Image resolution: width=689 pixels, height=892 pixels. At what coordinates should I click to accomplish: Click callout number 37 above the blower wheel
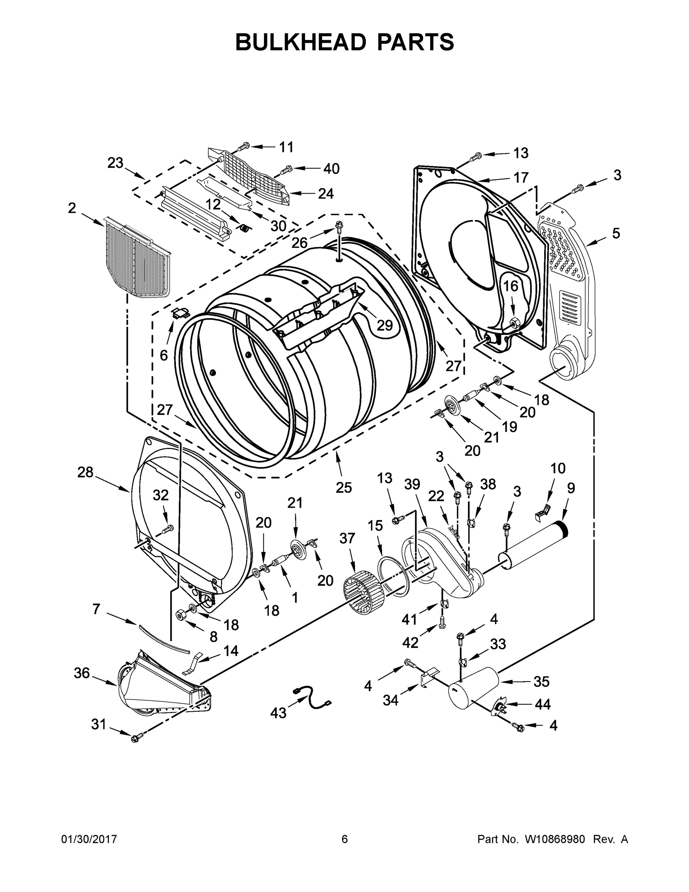pyautogui.click(x=348, y=539)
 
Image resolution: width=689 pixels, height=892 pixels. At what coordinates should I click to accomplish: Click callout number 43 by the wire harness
pyautogui.click(x=278, y=713)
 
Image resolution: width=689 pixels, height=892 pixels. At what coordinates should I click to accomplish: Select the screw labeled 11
pyautogui.click(x=244, y=146)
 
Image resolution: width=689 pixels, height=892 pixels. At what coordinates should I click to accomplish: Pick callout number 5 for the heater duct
pyautogui.click(x=615, y=234)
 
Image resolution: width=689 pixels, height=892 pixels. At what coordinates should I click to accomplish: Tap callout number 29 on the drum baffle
pyautogui.click(x=384, y=325)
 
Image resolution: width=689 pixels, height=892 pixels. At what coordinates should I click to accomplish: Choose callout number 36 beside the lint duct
pyautogui.click(x=82, y=673)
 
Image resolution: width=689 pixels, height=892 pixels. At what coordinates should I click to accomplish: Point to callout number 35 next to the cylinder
pyautogui.click(x=541, y=681)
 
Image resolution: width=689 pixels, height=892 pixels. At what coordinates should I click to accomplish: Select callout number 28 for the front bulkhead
pyautogui.click(x=85, y=472)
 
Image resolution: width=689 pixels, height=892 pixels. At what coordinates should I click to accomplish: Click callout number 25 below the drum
pyautogui.click(x=344, y=487)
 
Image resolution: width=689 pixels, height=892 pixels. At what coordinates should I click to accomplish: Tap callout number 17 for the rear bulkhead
pyautogui.click(x=521, y=178)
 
